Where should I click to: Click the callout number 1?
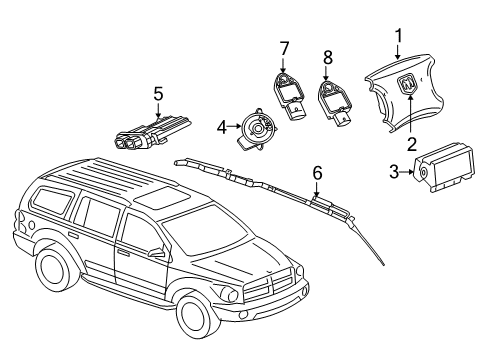coord(398,38)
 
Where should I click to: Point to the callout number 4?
coord(222,127)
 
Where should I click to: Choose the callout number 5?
coord(157,94)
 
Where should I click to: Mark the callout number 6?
coord(317,173)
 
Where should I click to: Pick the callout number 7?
coord(284,47)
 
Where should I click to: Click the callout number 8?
coord(327,57)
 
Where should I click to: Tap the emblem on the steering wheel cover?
coord(410,86)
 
